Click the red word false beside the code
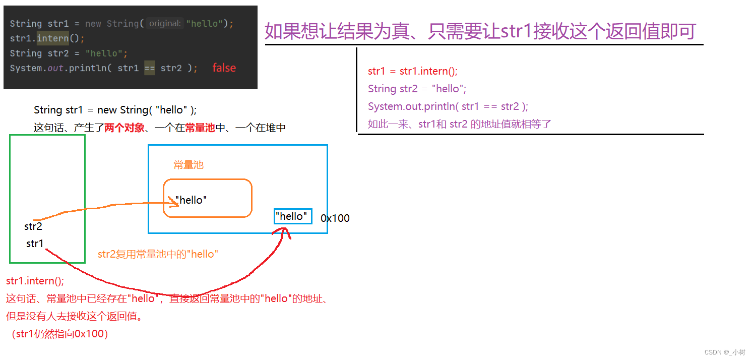pos(224,68)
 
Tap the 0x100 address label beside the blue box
pos(335,218)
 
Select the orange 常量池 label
pos(189,165)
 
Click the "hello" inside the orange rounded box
pos(191,200)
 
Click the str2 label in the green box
pos(33,226)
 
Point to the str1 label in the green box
pos(35,244)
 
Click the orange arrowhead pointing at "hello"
pos(175,203)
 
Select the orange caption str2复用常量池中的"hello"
pos(158,254)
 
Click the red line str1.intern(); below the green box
pos(35,281)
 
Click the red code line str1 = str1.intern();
pos(413,71)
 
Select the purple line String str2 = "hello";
pos(417,89)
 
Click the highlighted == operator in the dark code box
pos(150,68)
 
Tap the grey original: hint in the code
pos(165,24)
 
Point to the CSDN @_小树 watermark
pos(724,352)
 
